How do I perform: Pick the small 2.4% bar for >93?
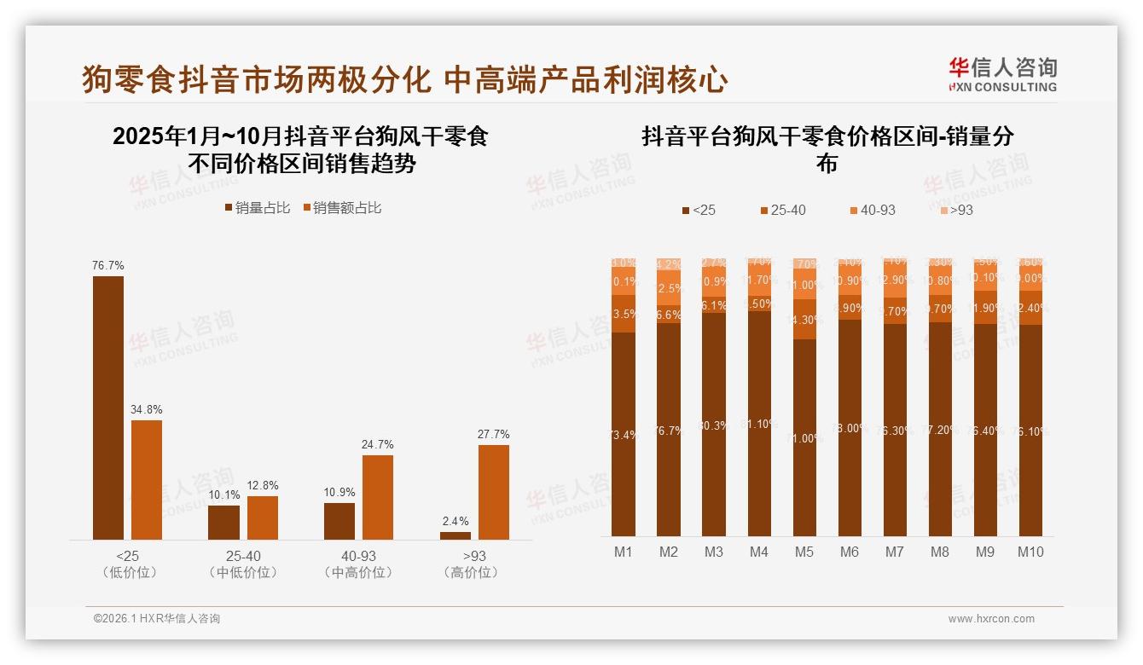pos(455,535)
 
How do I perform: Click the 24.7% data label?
pos(378,445)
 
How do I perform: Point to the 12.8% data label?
pos(263,486)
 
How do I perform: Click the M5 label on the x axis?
pos(804,552)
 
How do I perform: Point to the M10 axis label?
pos(1030,552)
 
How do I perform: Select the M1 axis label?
pos(624,552)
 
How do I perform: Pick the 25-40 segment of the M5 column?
pos(804,320)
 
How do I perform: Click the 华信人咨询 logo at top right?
pos(1001,74)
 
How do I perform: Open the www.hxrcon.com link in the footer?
pos(991,619)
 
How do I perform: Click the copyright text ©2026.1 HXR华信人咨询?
pos(157,619)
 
